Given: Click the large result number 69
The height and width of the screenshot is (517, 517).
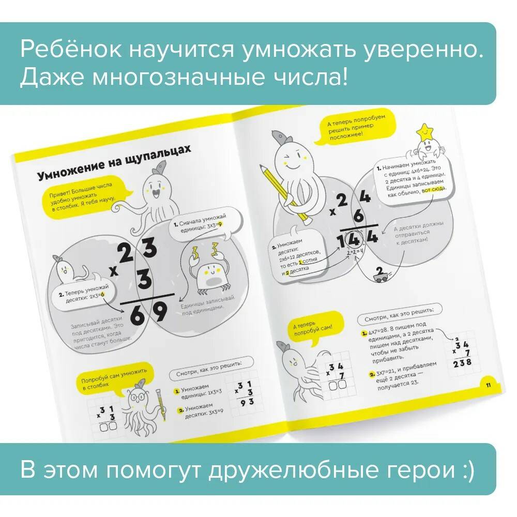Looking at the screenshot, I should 149,312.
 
